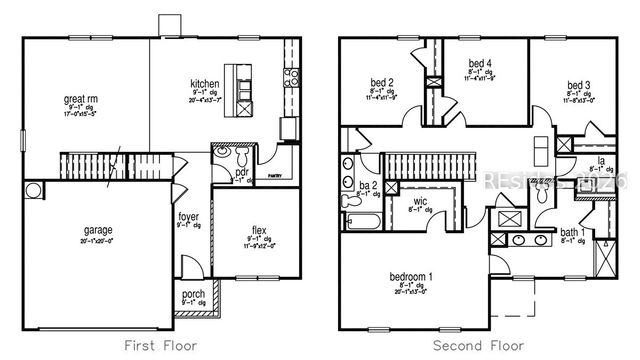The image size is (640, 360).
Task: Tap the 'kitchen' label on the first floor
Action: pyautogui.click(x=205, y=84)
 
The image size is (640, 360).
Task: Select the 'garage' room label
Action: pyautogui.click(x=97, y=229)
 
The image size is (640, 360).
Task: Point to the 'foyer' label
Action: pyautogui.click(x=188, y=216)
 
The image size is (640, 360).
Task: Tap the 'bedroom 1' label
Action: pyautogui.click(x=410, y=276)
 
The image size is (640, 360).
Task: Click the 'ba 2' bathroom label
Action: pyautogui.click(x=366, y=186)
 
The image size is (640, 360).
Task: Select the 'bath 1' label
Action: pyautogui.click(x=571, y=232)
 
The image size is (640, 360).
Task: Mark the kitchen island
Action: pyautogui.click(x=237, y=86)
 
